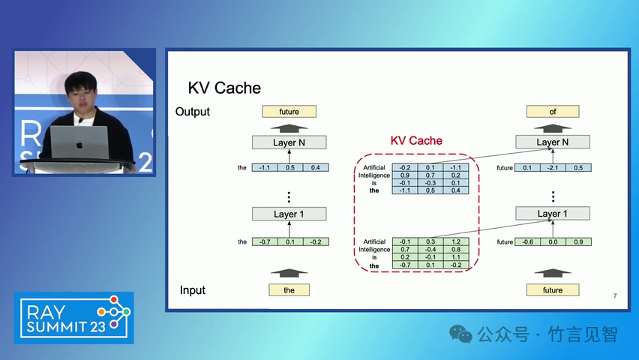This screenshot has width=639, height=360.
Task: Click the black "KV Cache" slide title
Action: point(224,88)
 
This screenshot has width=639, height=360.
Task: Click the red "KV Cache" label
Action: point(416,140)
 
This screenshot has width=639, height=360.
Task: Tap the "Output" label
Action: point(193,112)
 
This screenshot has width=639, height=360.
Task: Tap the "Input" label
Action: point(193,290)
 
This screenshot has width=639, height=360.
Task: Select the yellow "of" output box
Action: point(553,112)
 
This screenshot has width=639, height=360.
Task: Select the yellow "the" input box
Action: point(289,289)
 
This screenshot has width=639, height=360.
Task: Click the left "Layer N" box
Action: point(289,142)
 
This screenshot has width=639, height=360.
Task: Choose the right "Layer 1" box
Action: point(553,214)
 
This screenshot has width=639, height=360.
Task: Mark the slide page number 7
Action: point(614,297)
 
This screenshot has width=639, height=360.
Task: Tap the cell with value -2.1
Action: point(553,168)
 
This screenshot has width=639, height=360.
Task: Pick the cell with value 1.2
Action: point(456,241)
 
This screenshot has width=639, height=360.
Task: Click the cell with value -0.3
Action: point(430,183)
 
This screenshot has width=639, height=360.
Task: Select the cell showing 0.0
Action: point(553,241)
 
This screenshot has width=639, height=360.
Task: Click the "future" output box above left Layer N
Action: point(289,112)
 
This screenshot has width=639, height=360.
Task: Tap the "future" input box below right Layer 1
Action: point(553,289)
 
